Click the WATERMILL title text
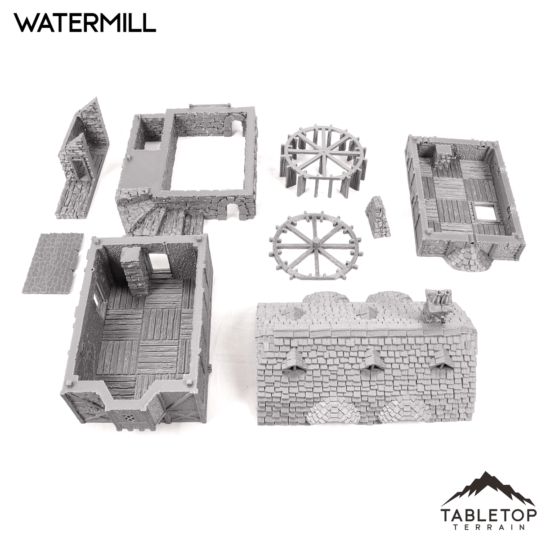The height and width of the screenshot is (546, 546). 85,22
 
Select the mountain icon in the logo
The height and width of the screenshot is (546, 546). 488,489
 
